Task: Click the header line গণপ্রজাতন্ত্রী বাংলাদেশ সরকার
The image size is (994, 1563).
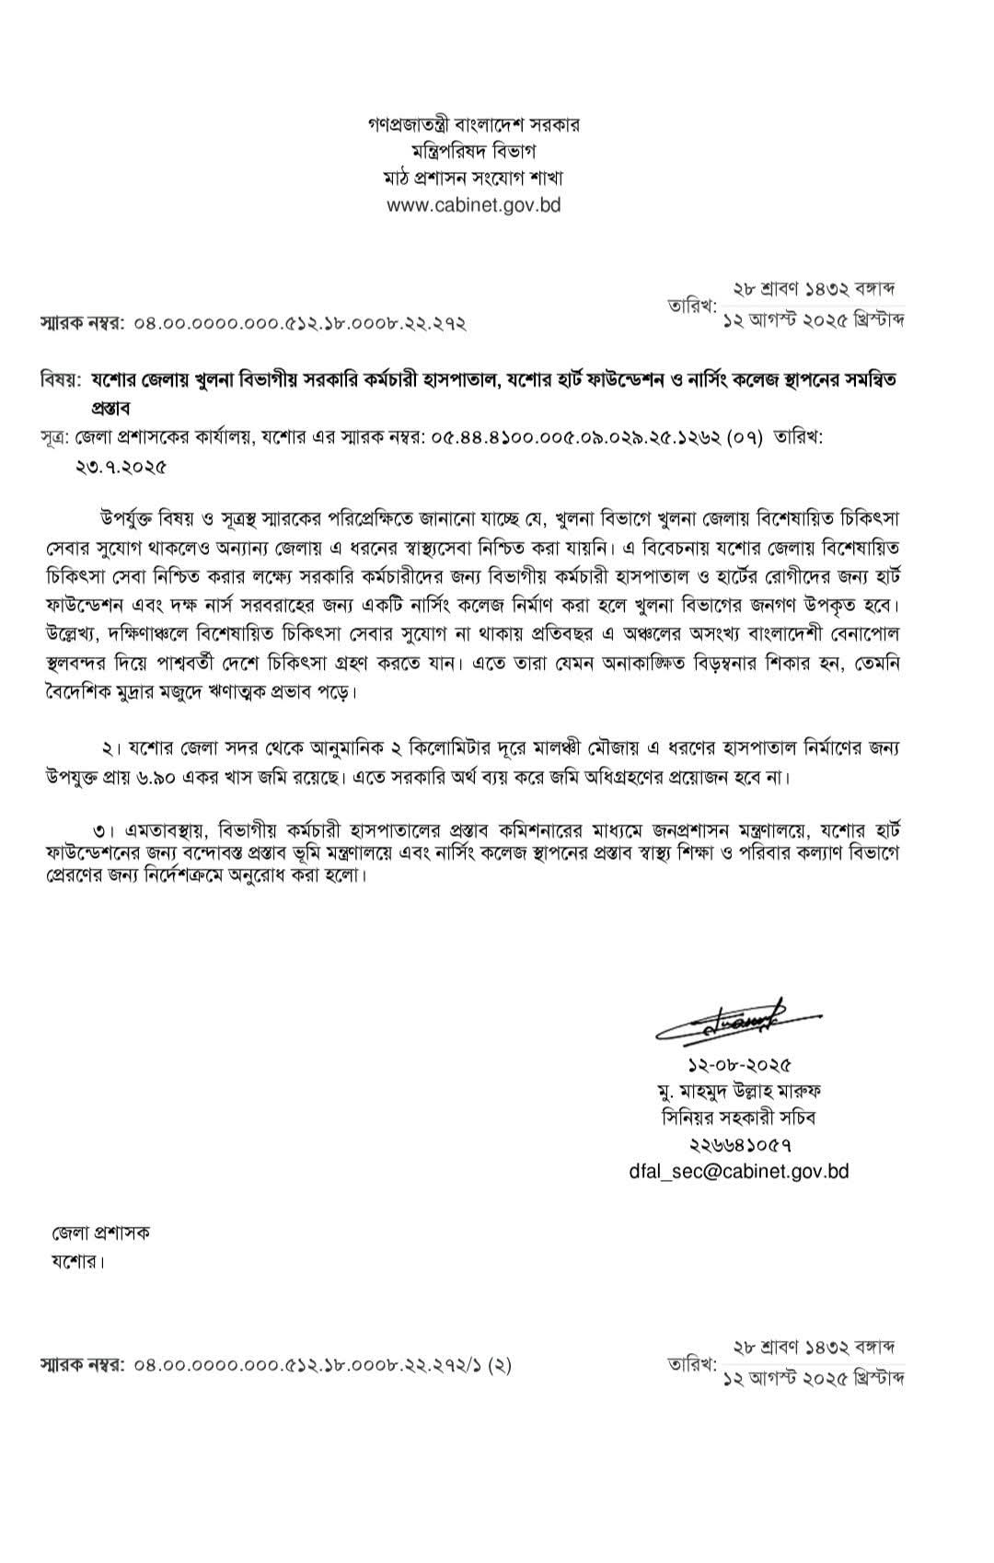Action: [473, 124]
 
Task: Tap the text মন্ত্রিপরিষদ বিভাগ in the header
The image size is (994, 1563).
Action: [473, 151]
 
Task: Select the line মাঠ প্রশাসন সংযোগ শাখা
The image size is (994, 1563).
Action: [473, 178]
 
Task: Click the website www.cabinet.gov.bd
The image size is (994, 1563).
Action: [473, 205]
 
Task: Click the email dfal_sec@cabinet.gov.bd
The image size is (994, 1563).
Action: [739, 1172]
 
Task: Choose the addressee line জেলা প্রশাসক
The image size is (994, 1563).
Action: [100, 1233]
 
